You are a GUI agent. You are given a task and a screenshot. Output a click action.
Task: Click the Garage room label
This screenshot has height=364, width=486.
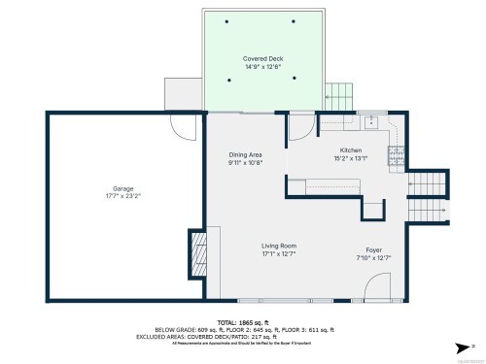(122, 188)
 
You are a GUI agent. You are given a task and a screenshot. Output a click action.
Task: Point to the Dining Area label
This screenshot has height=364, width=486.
(246, 154)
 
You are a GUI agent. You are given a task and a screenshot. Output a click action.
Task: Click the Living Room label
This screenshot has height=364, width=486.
(278, 246)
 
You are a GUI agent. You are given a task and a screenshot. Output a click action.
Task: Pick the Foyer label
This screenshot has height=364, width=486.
(373, 249)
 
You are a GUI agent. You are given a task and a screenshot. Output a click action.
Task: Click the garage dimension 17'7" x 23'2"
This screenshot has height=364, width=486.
(122, 196)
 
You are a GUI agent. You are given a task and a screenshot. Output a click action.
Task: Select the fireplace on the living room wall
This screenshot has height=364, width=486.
(197, 254)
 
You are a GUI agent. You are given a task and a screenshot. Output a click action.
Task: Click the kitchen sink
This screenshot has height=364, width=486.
(369, 123)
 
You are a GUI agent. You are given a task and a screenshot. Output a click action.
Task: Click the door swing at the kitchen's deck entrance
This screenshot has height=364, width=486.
(300, 125)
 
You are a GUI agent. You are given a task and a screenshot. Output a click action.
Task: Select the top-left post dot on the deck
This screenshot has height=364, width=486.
(227, 20)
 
